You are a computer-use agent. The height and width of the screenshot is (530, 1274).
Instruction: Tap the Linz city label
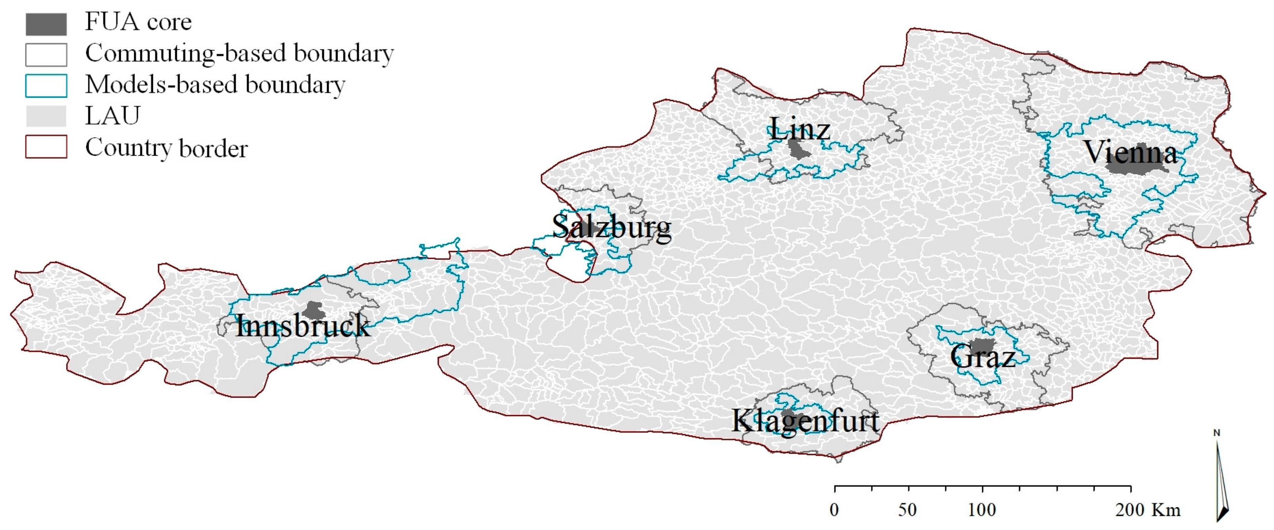point(800,129)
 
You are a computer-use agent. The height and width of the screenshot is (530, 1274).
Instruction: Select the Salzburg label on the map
point(612,227)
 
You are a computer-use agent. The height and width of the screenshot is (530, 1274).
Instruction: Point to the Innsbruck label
point(303,326)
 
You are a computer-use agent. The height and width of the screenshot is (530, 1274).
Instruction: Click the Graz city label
point(983,356)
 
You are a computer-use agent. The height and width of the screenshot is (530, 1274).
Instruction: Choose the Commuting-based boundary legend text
point(239,53)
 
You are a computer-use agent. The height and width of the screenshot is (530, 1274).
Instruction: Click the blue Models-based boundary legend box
point(46,85)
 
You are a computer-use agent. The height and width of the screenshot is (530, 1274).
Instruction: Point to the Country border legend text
point(166,148)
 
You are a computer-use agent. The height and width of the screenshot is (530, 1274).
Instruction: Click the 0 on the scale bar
point(834,510)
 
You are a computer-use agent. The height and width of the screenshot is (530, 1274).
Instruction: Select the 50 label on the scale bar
point(908,510)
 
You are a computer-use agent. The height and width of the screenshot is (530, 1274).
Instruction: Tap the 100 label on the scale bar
point(982,510)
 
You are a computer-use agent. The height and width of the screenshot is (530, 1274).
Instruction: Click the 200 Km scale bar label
point(1147,510)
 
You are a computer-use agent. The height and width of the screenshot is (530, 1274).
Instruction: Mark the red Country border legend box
point(46,147)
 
